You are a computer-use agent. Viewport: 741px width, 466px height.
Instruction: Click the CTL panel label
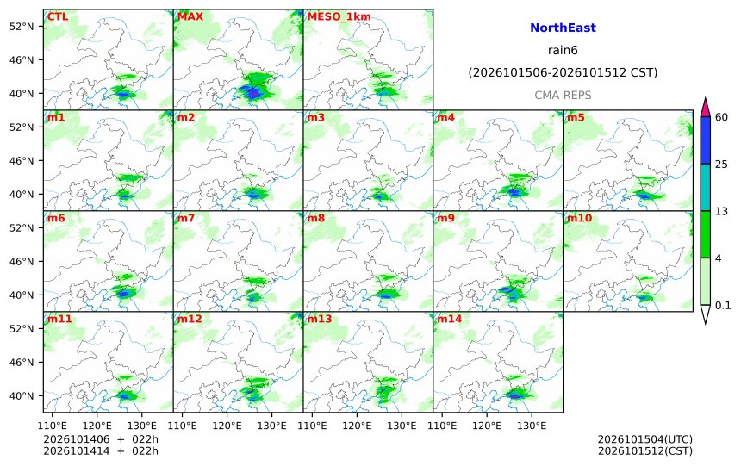click(57, 16)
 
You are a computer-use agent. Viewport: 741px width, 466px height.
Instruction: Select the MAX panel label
click(190, 16)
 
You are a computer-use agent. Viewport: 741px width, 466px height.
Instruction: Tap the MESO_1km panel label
click(339, 17)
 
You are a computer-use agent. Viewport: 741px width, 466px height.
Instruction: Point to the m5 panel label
click(575, 117)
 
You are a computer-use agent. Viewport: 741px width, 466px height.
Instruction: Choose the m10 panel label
click(579, 218)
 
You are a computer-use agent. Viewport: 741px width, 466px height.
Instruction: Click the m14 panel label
click(450, 319)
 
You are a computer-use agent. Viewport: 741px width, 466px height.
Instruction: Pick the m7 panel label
click(186, 218)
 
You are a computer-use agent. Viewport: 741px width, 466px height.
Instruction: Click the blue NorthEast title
click(563, 28)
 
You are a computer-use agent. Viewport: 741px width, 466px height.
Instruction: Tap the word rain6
click(563, 50)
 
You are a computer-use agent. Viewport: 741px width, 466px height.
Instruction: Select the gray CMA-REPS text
click(563, 96)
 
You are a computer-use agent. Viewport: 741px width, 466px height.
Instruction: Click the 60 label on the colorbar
click(722, 117)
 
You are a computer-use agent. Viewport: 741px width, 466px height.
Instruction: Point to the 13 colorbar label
click(721, 211)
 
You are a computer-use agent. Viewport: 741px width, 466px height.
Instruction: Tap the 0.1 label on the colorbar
click(723, 305)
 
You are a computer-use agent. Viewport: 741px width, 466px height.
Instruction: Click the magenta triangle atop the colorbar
click(705, 109)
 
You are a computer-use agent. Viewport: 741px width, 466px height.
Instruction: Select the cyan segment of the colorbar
click(705, 187)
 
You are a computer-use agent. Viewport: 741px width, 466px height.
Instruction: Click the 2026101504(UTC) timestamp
click(645, 439)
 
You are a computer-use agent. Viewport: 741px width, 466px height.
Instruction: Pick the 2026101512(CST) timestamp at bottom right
click(645, 451)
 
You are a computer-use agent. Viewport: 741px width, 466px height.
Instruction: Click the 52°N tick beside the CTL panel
click(22, 27)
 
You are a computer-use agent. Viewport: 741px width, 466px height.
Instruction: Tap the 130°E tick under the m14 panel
click(532, 426)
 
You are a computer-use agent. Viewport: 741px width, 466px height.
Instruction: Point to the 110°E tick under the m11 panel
click(52, 426)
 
